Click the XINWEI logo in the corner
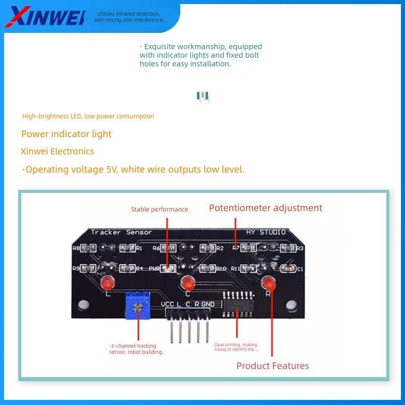(x=45, y=16)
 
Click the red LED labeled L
(x=107, y=282)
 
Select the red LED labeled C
(x=188, y=282)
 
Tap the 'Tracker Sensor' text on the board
(x=121, y=232)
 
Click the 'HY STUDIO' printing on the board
(x=266, y=232)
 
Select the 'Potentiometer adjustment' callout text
(x=266, y=208)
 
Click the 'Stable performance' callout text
(x=159, y=210)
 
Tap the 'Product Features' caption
(x=272, y=366)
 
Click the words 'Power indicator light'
(x=66, y=134)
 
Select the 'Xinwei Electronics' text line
(x=57, y=151)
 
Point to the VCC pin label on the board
(x=168, y=304)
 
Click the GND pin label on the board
(x=208, y=304)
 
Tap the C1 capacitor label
(x=300, y=269)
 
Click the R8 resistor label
(x=76, y=249)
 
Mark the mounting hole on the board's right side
(x=291, y=305)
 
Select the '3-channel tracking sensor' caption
(x=137, y=349)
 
